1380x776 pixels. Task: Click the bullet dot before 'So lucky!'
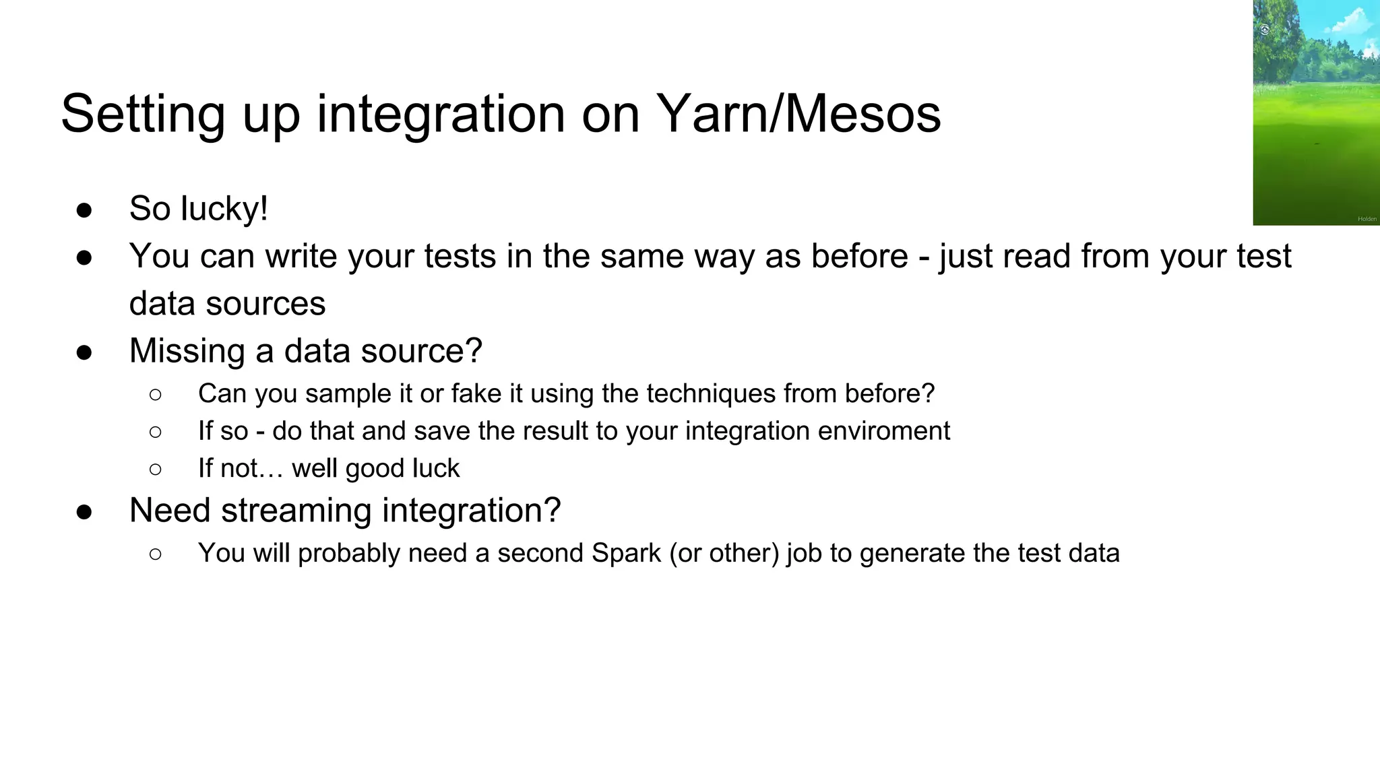(84, 210)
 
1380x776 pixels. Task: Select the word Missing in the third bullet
(187, 351)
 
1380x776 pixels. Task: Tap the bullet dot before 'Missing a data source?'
(84, 352)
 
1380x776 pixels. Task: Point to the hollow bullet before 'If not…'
(156, 470)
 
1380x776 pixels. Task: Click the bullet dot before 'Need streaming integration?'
(84, 512)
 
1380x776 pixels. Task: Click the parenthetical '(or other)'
(724, 554)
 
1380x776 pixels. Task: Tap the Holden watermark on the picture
(1367, 219)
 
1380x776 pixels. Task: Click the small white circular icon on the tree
(1265, 30)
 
